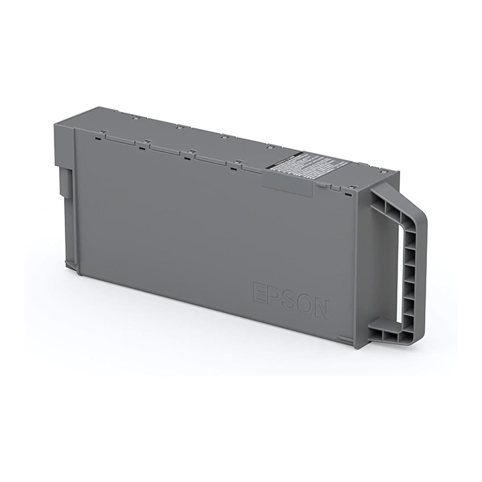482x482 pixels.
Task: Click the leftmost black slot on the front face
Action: tap(98, 137)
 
